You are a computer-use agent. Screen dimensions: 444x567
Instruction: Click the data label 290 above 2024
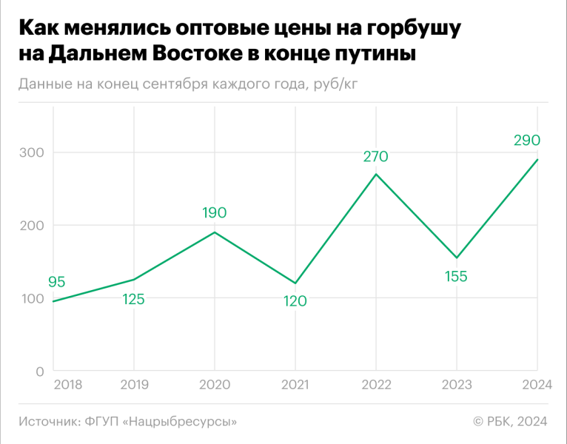pyautogui.click(x=527, y=140)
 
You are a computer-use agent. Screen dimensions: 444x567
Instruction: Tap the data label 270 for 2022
pyautogui.click(x=375, y=156)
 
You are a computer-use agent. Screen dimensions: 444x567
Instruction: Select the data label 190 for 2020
pyautogui.click(x=214, y=213)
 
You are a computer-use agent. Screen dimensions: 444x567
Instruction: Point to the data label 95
pyautogui.click(x=57, y=282)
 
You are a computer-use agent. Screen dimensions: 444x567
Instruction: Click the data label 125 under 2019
pyautogui.click(x=133, y=299)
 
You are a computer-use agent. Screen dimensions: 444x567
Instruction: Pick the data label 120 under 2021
pyautogui.click(x=295, y=301)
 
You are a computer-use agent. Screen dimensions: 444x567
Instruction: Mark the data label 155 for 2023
pyautogui.click(x=457, y=277)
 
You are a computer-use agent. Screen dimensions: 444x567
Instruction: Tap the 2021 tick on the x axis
pyautogui.click(x=295, y=384)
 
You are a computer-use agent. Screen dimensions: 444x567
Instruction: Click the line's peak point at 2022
pyautogui.click(x=376, y=174)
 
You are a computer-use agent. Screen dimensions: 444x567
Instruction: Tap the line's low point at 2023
pyautogui.click(x=457, y=258)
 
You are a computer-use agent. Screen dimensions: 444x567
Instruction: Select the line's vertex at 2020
pyautogui.click(x=214, y=232)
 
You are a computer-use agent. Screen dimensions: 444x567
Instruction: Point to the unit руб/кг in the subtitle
pyautogui.click(x=341, y=83)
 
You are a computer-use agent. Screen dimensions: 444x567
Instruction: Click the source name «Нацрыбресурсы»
pyautogui.click(x=183, y=421)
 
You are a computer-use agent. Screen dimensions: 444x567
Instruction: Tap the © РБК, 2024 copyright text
pyautogui.click(x=510, y=421)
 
